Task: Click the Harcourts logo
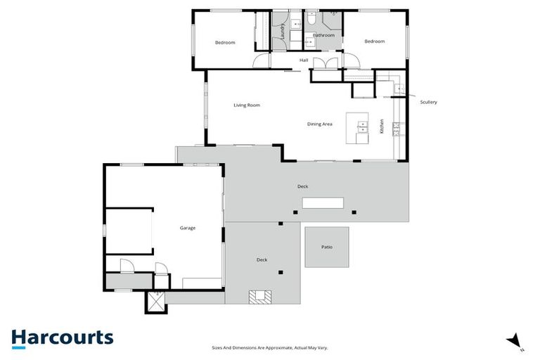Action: click(x=62, y=337)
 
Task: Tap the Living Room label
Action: click(x=247, y=105)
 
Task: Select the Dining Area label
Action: click(x=319, y=124)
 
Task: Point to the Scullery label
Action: click(x=428, y=103)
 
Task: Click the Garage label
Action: click(x=188, y=228)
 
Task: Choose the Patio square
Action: click(x=326, y=247)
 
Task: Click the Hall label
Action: click(x=304, y=60)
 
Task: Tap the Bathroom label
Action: click(x=324, y=35)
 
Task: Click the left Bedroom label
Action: click(x=225, y=43)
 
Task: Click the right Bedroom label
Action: click(x=374, y=41)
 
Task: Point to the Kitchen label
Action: click(x=382, y=127)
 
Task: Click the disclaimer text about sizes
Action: click(x=270, y=347)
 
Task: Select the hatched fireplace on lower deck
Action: click(x=260, y=296)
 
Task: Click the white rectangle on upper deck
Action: click(x=323, y=203)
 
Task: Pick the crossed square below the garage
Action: click(x=154, y=302)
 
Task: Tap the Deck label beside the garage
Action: click(x=262, y=260)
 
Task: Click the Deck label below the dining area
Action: click(x=302, y=186)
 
